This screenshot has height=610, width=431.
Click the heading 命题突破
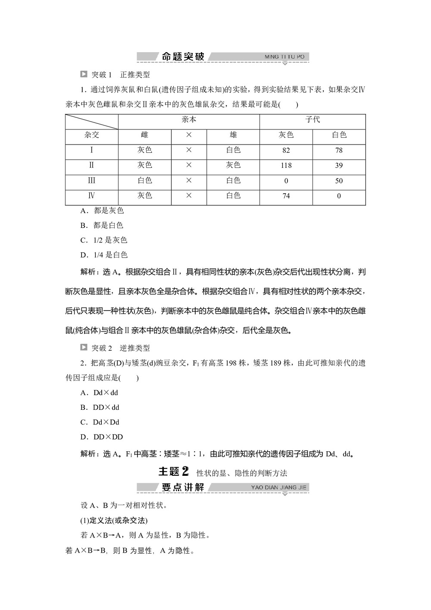(183, 57)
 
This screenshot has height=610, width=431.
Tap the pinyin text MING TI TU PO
(284, 57)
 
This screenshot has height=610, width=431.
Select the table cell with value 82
(286, 151)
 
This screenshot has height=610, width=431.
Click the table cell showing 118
(286, 166)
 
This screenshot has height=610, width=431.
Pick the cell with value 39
(339, 166)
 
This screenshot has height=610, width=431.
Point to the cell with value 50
(339, 181)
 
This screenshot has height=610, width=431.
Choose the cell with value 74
(286, 196)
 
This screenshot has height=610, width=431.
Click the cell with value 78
(339, 151)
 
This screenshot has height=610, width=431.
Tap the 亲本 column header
(189, 120)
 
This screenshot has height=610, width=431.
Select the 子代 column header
(312, 120)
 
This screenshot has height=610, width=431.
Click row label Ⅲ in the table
(91, 181)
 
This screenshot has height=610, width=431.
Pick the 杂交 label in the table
(91, 135)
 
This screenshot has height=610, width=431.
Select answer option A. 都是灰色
(102, 211)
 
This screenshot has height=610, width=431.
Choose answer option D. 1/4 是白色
(104, 255)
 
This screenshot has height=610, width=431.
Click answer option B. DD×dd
(100, 407)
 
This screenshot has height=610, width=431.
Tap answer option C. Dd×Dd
(100, 422)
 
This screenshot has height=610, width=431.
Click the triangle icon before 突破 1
(84, 74)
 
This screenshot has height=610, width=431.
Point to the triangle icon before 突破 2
(84, 348)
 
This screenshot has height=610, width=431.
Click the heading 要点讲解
(183, 487)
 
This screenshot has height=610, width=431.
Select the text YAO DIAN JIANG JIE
(279, 487)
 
